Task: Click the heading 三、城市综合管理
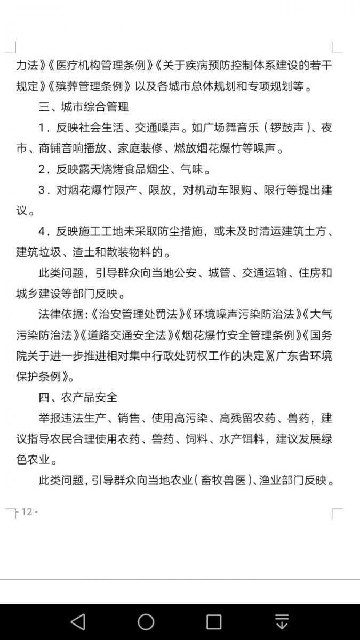pos(83,107)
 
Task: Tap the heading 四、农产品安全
pos(78,397)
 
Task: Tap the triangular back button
pos(78,622)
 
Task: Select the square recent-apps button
pos(214,622)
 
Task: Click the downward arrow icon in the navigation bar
pos(282,622)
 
